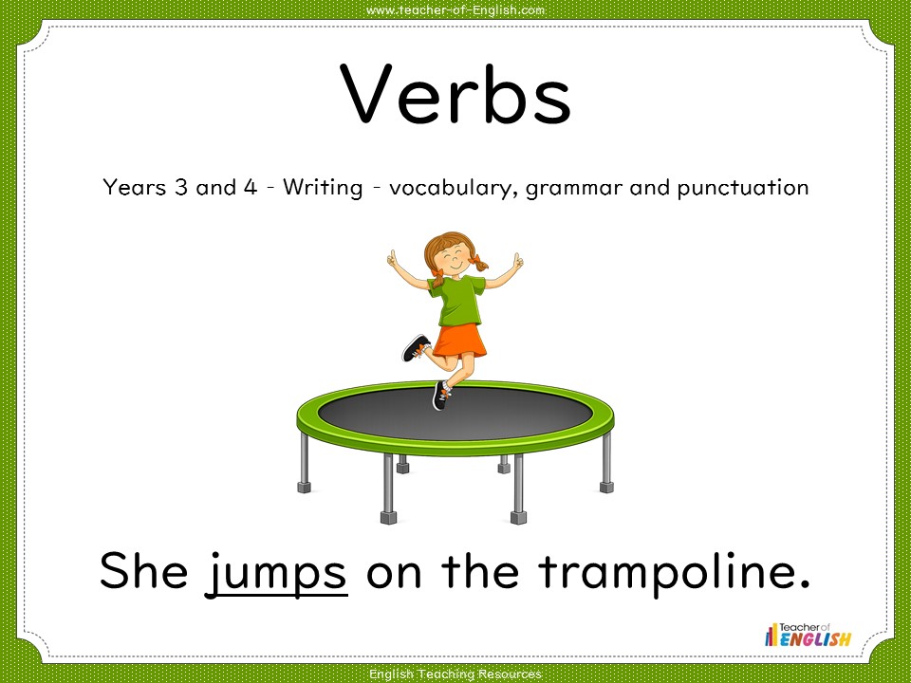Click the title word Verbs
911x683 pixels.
click(x=455, y=95)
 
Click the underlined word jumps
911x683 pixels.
click(x=277, y=572)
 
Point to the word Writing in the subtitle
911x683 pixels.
click(x=322, y=187)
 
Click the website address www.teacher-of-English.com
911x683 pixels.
click(x=455, y=9)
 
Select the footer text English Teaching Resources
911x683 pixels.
click(x=455, y=674)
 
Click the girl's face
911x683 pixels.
click(x=454, y=255)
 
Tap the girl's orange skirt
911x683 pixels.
click(x=460, y=340)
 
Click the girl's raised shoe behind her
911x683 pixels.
click(x=416, y=348)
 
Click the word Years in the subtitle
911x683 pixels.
click(x=134, y=187)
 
